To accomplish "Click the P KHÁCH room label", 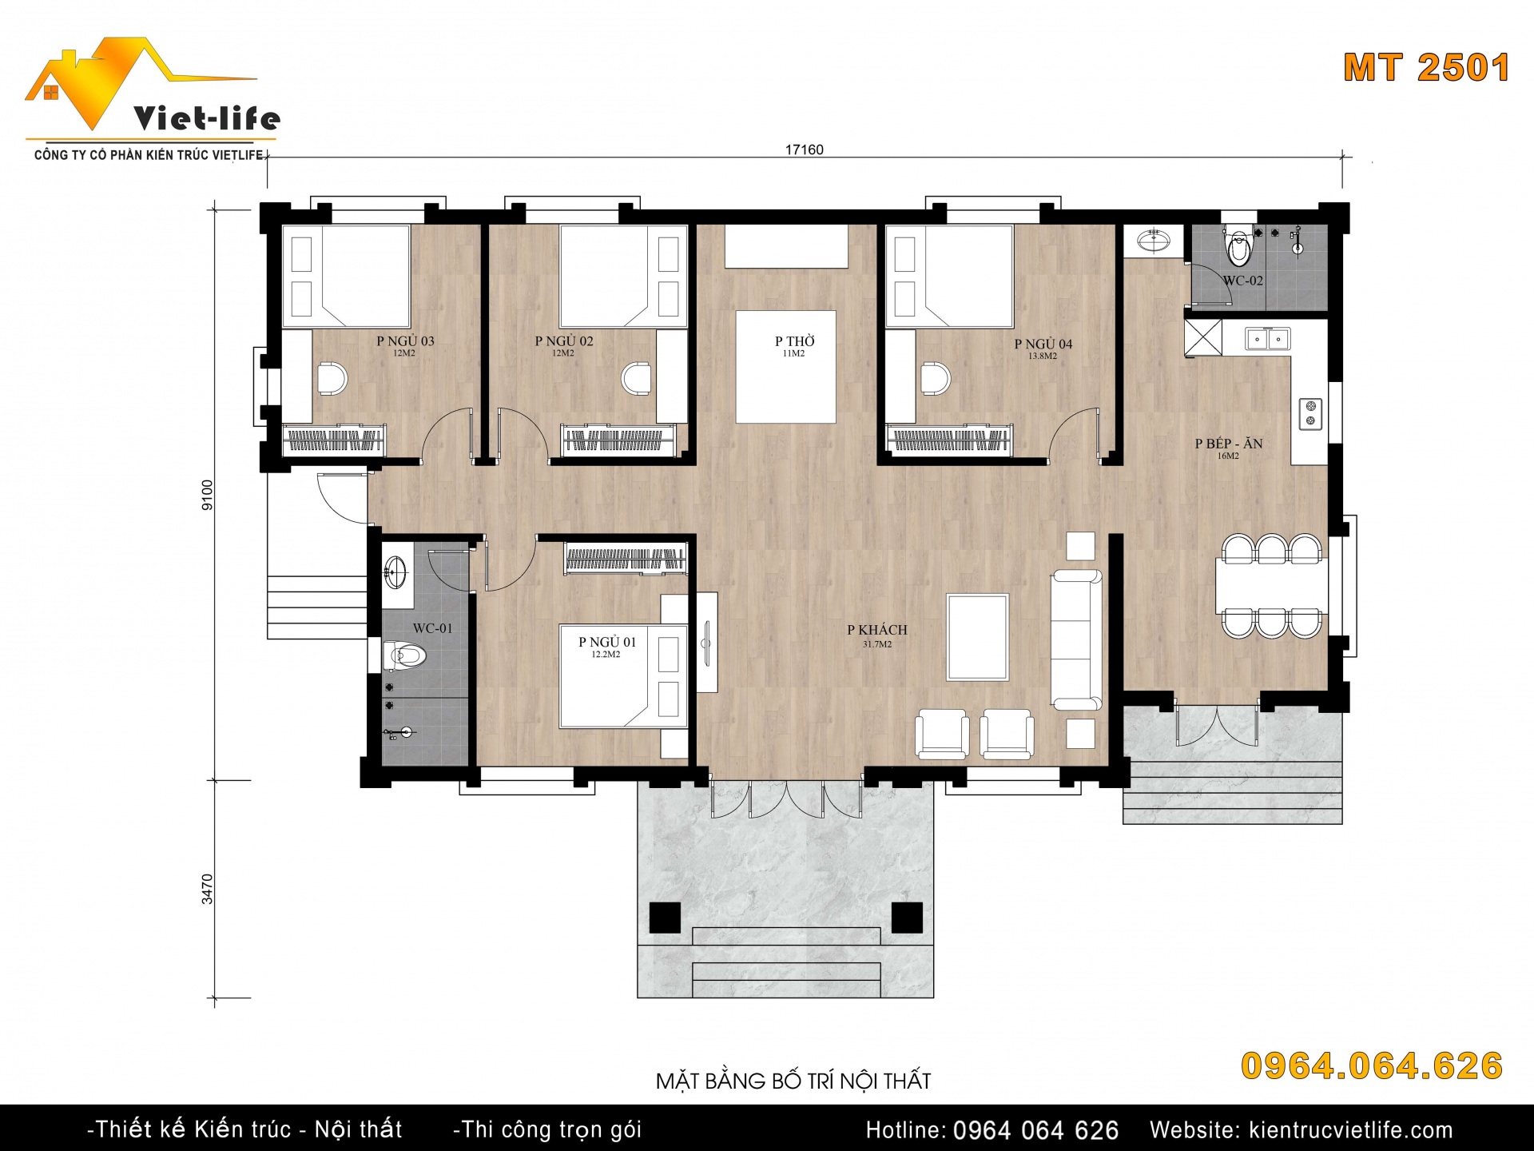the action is pos(877,630).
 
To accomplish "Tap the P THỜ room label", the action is pos(795,341).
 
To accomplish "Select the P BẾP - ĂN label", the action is pos(1229,444).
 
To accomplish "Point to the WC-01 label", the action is pos(433,628).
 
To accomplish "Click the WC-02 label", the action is pos(1243,281).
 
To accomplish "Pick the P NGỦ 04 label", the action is pos(1043,344).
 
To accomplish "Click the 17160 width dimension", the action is pos(805,149).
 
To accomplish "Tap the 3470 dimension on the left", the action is pos(208,889).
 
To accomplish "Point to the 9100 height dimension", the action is pos(208,495).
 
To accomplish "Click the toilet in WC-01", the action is pos(405,656).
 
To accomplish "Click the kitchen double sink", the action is pos(1268,339).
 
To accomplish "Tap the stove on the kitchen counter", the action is pos(1311,413).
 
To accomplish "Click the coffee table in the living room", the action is pos(978,637).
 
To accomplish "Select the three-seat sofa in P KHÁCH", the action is pos(1076,639).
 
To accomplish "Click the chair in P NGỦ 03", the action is pos(332,378).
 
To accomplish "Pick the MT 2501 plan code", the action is pos(1427,68).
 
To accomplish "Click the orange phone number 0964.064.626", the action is pos(1372,1066).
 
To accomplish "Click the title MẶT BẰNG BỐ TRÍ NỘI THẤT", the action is pos(793,1081).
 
